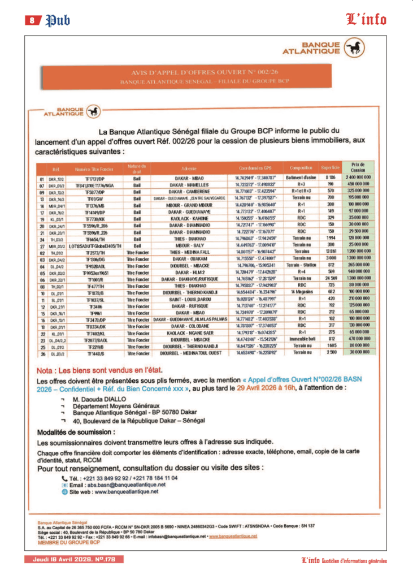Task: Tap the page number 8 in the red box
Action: click(x=32, y=20)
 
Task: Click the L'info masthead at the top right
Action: click(x=366, y=20)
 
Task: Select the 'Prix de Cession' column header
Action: click(x=358, y=167)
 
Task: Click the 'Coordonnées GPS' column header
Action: click(x=255, y=168)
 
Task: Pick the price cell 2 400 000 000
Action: click(x=358, y=178)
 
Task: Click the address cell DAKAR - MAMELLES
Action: click(x=189, y=184)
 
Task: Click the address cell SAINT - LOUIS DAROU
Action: click(x=189, y=299)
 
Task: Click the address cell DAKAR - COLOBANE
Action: click(x=189, y=326)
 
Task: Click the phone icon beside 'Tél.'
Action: click(x=64, y=478)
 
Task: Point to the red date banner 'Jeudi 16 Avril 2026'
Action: click(x=73, y=559)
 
